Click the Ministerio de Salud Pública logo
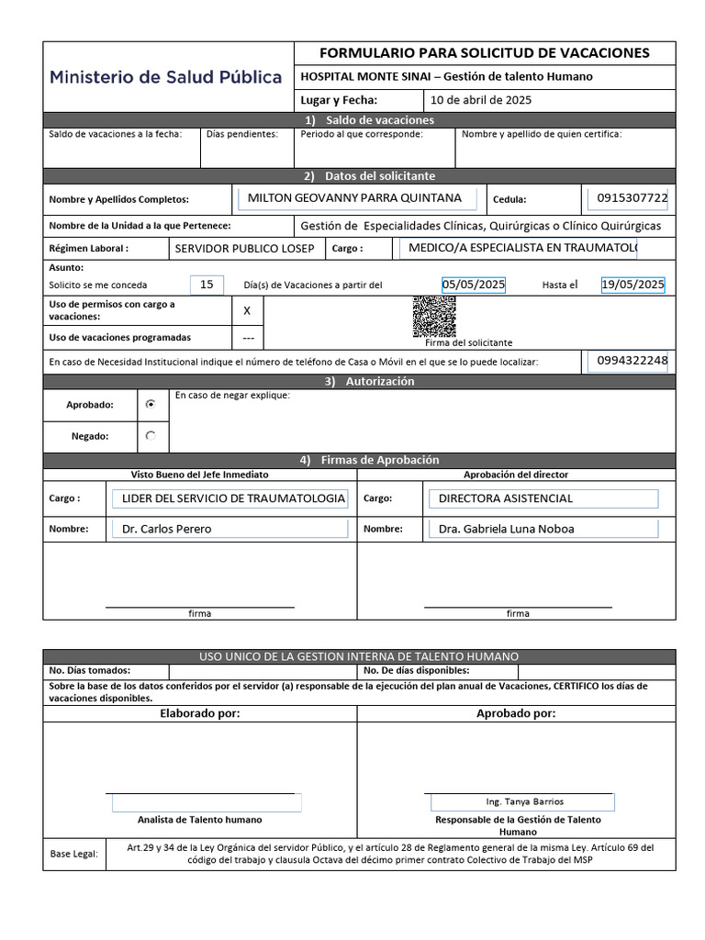166,77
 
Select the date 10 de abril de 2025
481,100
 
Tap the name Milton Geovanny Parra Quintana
354,197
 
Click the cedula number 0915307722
632,197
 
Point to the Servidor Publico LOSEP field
244,249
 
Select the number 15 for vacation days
207,285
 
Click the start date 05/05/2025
473,285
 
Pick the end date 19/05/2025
632,285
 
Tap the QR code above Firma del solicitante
433,317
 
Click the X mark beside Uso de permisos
246,311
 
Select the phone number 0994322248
632,361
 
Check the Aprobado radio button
151,404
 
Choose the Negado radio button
151,436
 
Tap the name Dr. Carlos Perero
167,529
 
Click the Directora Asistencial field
506,498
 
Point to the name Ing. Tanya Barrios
525,801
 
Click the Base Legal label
73,854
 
